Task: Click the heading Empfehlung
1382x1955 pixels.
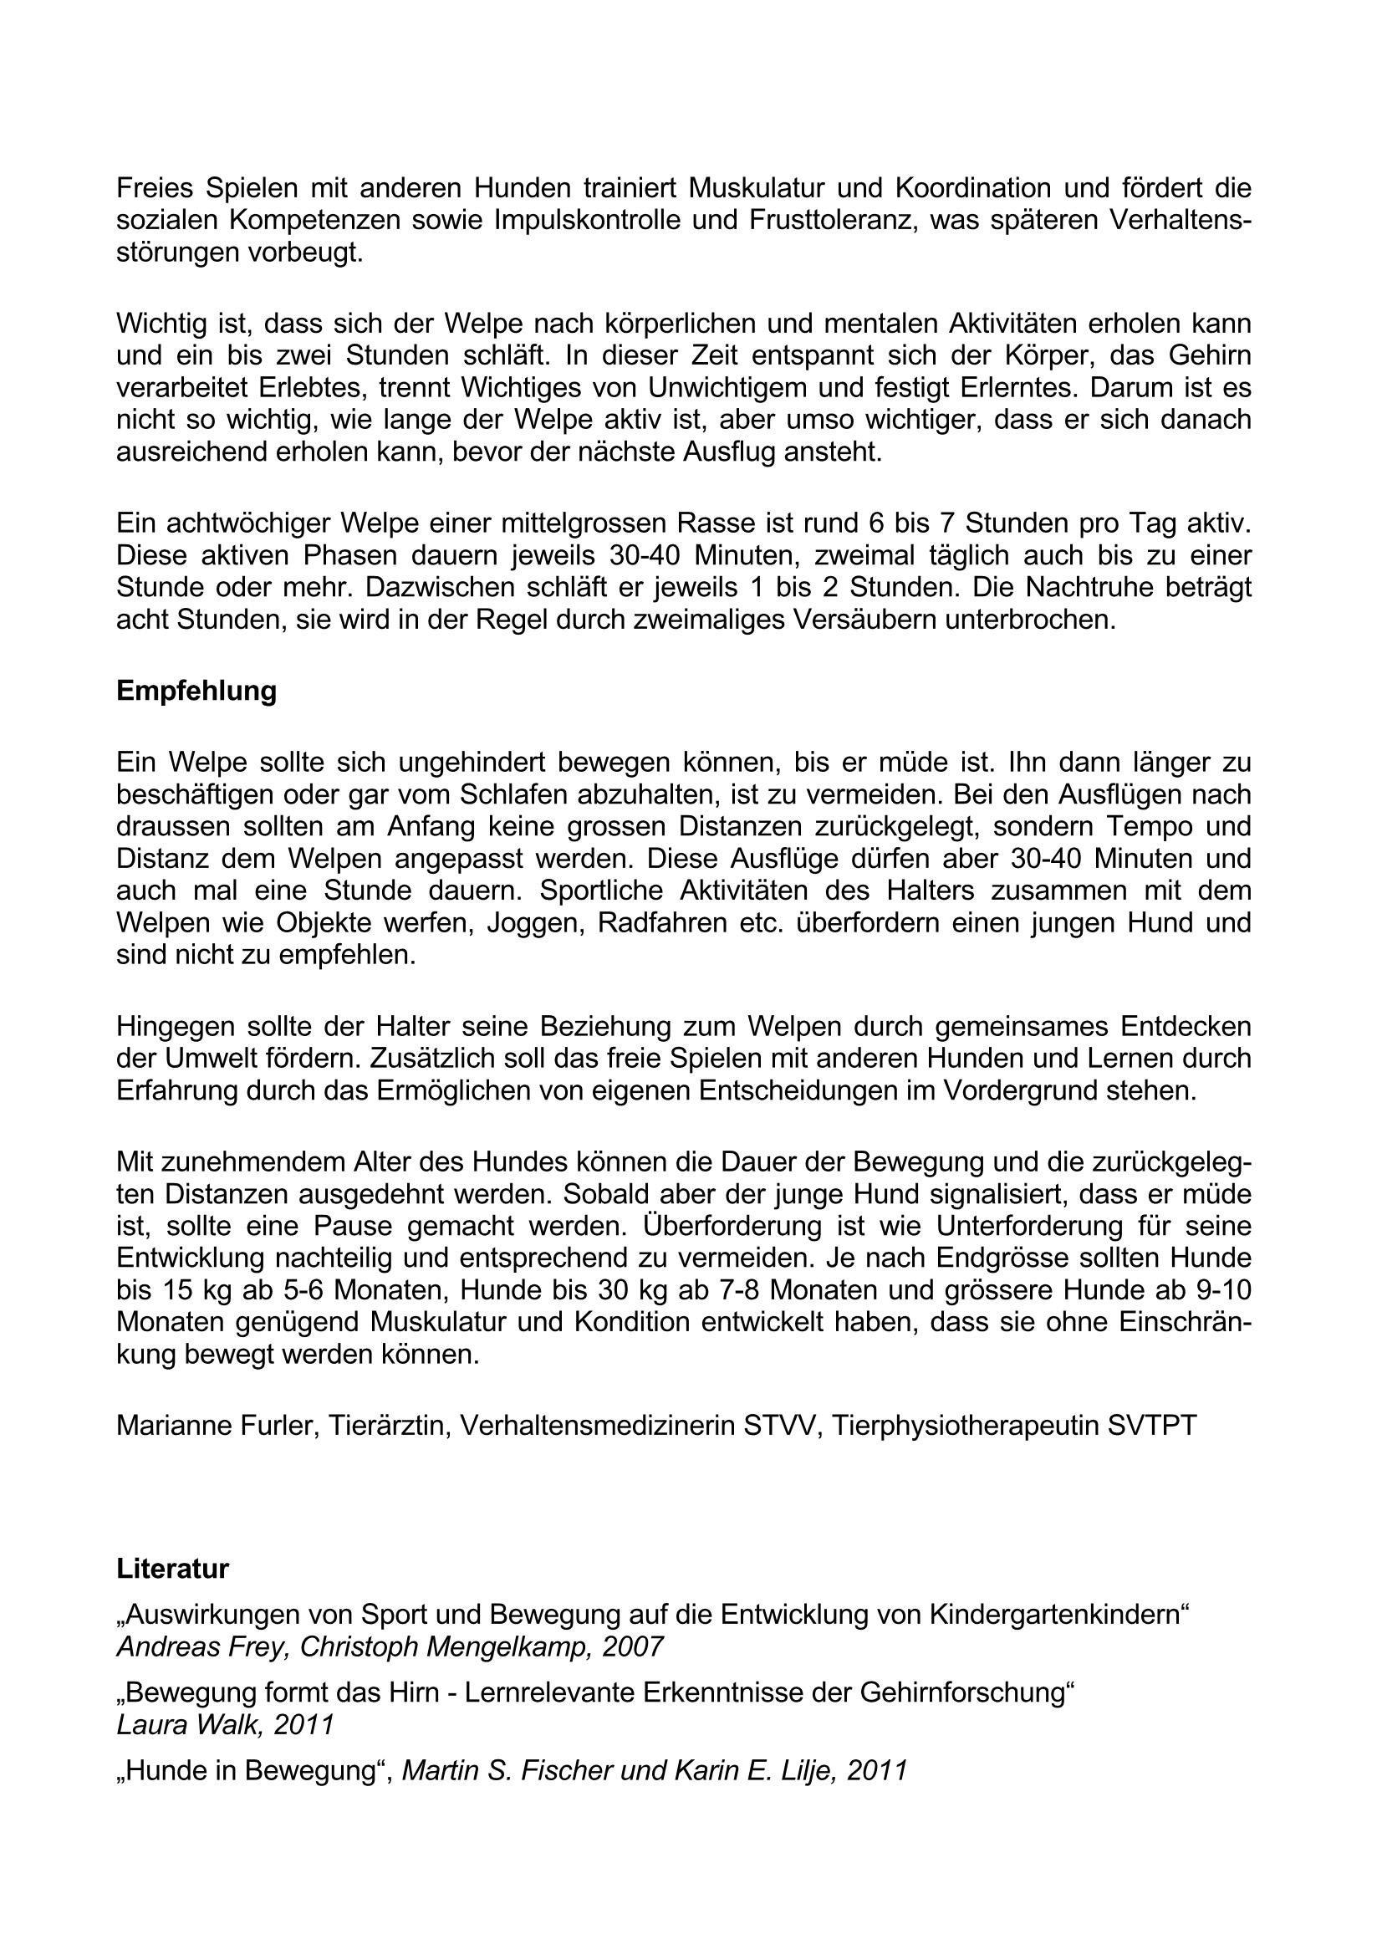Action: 196,691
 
